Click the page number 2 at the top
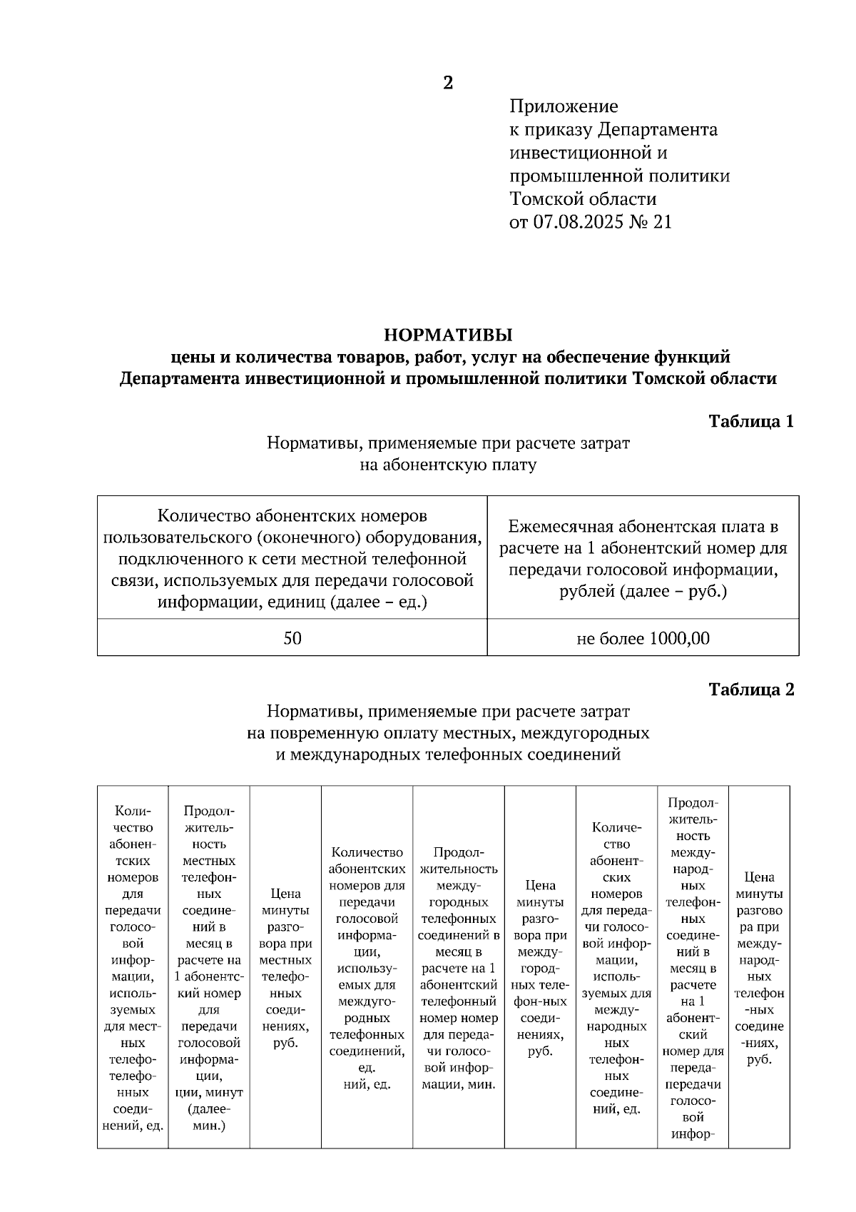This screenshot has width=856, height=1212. (x=448, y=83)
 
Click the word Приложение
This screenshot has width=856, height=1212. (x=564, y=106)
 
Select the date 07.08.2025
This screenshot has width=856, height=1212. (x=578, y=222)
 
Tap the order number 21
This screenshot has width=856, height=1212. (x=662, y=222)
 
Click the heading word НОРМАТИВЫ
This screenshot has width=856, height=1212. (x=448, y=334)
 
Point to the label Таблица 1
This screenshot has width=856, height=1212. (x=751, y=421)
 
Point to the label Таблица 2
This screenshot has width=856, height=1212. (x=751, y=690)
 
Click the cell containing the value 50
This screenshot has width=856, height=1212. (x=292, y=638)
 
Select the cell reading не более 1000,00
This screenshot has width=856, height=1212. (x=643, y=638)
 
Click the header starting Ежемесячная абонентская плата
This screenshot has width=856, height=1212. (x=643, y=558)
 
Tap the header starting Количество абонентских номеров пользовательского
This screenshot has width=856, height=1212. (x=292, y=558)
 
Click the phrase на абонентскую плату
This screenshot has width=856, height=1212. (x=448, y=465)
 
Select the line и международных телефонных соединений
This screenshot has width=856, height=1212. (x=448, y=754)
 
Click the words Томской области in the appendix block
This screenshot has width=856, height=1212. (x=583, y=198)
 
